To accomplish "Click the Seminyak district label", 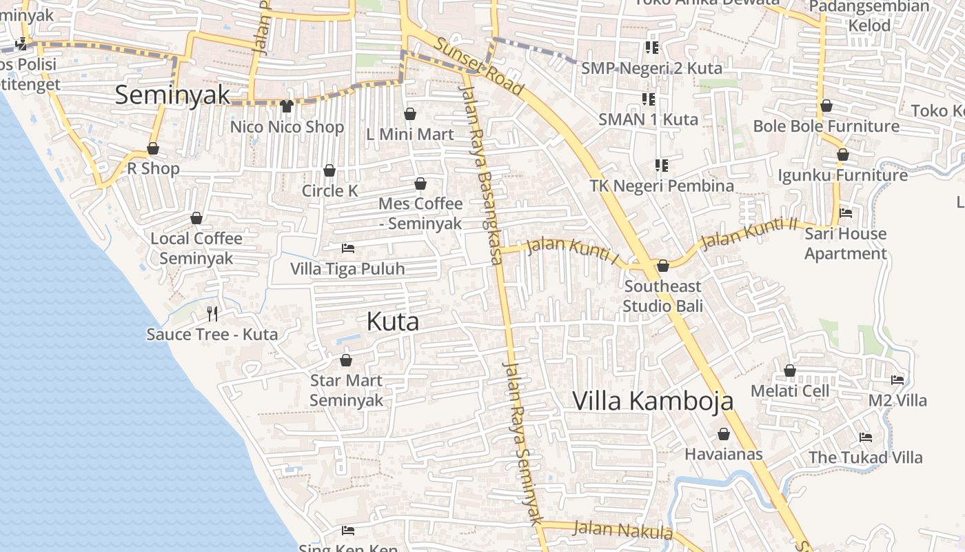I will pos(172,95).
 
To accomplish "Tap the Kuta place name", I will pos(393,322).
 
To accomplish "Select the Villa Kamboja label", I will pos(653,400).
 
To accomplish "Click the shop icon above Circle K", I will pos(329,170).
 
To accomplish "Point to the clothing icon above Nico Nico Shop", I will pos(287,106).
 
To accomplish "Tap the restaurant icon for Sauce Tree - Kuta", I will pos(212,314).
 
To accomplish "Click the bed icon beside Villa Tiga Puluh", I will pos(348,248).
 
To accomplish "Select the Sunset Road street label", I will pos(479,66).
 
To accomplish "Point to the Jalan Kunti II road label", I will pos(749,234).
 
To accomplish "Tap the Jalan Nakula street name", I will pos(622,530).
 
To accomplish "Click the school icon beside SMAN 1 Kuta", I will pos(649,99).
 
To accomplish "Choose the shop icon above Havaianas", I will pos(724,434).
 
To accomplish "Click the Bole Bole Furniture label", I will pos(826,126).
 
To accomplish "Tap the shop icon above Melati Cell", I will pos(790,371).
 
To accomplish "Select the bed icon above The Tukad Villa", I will pos(866,437).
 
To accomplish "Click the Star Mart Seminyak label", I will pos(346,390).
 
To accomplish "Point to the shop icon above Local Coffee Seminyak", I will pos(196,218).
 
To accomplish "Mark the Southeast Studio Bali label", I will pos(662,295).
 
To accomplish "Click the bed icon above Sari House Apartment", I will pos(846,213).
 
